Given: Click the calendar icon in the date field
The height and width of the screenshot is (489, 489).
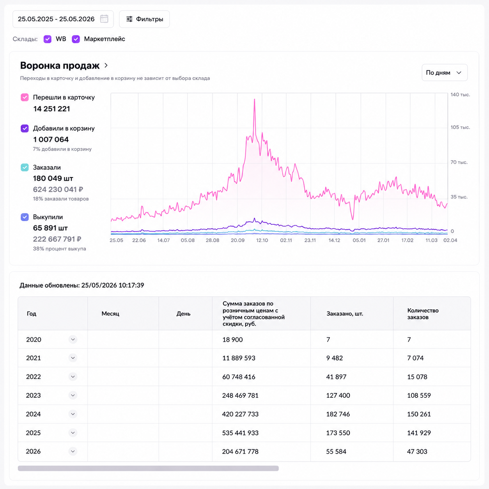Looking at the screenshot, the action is [x=104, y=19].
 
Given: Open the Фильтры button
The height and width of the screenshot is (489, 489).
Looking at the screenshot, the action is [x=144, y=19].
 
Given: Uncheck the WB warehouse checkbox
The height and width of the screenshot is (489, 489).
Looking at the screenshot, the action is [x=48, y=39].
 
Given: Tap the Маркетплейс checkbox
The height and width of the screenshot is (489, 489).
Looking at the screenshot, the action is [x=76, y=39].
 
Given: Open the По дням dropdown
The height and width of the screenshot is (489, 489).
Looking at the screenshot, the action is [x=444, y=73].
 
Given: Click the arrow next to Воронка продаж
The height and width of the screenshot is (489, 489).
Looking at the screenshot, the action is [x=106, y=66].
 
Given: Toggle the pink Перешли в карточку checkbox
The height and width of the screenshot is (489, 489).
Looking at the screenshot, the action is [x=25, y=97].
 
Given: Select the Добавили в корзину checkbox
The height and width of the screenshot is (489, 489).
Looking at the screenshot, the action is [x=25, y=128].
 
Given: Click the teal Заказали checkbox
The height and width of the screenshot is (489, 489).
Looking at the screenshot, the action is [x=25, y=167].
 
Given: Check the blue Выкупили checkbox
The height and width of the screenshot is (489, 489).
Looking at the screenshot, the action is [x=25, y=217].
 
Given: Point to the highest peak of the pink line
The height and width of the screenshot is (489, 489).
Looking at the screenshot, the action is [x=255, y=99].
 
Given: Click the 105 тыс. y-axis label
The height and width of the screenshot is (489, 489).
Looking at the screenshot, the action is [x=460, y=127].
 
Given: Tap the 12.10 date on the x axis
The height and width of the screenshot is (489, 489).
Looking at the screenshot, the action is [x=262, y=240].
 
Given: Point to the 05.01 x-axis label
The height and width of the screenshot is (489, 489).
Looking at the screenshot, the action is [x=359, y=240].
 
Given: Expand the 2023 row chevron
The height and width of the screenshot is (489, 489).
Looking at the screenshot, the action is [x=73, y=395].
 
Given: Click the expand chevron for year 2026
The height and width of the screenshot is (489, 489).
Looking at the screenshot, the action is [x=73, y=451].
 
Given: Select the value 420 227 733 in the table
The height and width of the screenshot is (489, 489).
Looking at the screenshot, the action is [x=240, y=414].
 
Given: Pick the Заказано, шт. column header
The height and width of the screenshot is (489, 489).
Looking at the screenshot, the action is [x=345, y=314].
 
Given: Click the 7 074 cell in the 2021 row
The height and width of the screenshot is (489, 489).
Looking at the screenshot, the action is [x=415, y=358].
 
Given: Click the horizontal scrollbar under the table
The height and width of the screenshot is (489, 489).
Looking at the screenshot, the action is [x=148, y=468].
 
